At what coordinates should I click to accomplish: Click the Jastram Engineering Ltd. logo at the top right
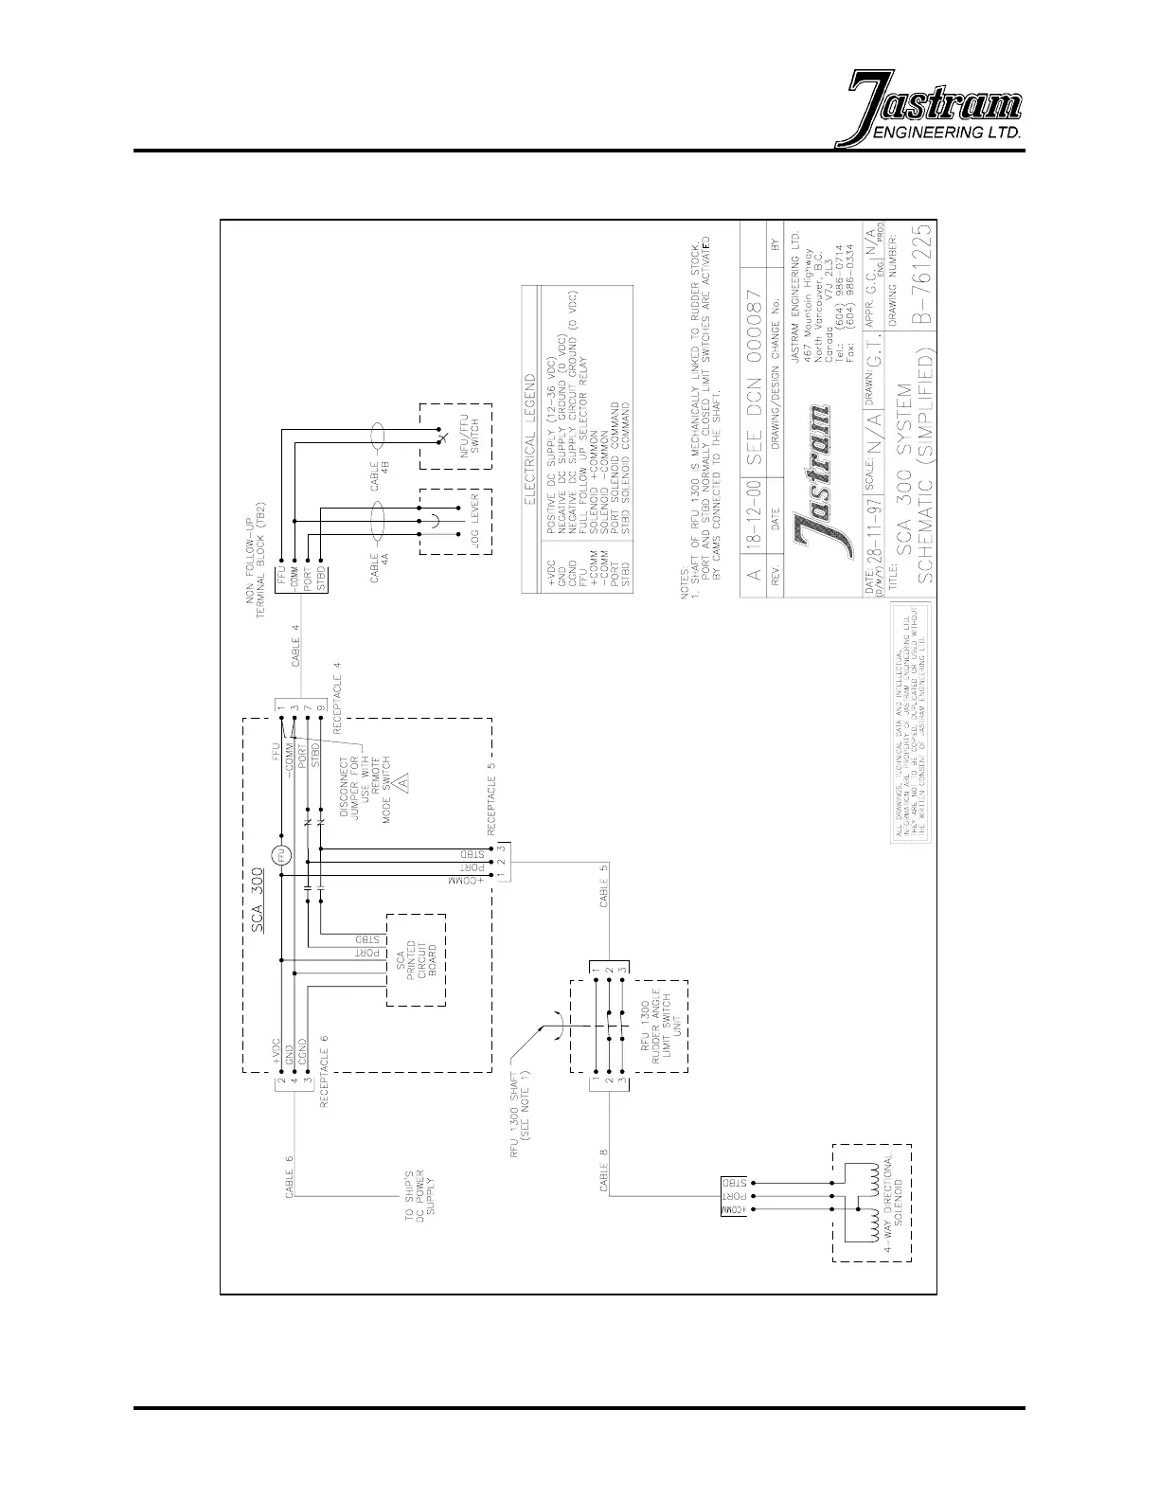click(x=933, y=109)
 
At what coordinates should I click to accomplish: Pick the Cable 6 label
click(x=291, y=1173)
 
